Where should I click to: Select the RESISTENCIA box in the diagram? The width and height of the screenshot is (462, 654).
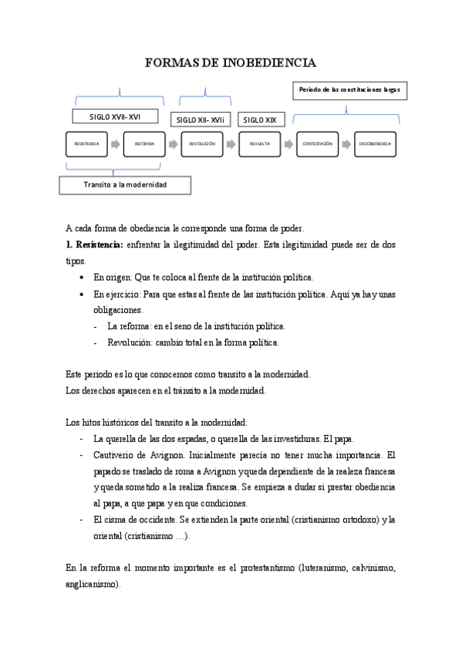point(86,144)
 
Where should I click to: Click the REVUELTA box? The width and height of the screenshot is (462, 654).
point(259,144)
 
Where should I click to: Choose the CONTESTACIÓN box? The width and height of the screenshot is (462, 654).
point(317,144)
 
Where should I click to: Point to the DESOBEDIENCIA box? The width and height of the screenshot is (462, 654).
point(374,144)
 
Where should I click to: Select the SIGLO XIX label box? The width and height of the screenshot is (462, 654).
point(260,120)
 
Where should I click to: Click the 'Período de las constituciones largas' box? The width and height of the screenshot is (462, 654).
point(349,90)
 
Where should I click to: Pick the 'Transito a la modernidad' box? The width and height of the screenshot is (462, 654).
point(125,185)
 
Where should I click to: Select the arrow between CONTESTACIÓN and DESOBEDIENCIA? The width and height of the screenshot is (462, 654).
point(346,144)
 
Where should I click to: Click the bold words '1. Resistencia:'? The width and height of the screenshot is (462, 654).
point(94,244)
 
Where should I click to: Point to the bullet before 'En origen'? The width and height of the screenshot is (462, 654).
point(83,277)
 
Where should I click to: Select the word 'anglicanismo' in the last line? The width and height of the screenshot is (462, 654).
point(93,585)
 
